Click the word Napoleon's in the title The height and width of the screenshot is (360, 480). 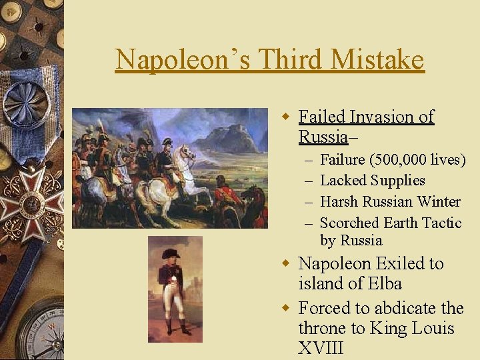coord(183,60)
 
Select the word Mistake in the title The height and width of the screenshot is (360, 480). coord(377,60)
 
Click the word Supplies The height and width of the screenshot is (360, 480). coord(397,181)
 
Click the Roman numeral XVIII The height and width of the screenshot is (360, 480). coord(321,348)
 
